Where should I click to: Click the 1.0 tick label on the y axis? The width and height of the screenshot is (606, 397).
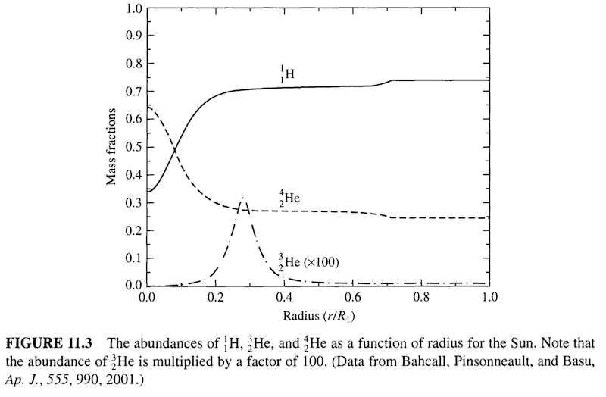[x=133, y=9]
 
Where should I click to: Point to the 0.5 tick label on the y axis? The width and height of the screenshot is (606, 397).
[x=133, y=148]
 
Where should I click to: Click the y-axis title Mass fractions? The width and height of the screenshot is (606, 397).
[x=113, y=148]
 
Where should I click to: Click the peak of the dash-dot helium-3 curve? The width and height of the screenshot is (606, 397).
[x=242, y=198]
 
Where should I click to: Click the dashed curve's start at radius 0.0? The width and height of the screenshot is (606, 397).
[x=148, y=106]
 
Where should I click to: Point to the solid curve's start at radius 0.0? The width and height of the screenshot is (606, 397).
[x=148, y=192]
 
